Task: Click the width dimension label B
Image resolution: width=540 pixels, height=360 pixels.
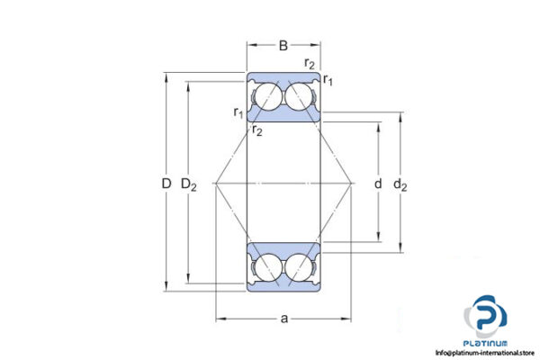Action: tap(283, 44)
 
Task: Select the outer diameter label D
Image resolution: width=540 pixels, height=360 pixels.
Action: tap(166, 184)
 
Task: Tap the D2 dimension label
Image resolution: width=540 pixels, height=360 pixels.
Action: tap(188, 184)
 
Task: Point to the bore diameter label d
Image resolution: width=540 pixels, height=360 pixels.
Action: tap(377, 184)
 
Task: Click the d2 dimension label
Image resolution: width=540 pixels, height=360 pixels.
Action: tap(400, 185)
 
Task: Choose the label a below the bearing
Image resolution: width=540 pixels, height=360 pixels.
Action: tap(283, 319)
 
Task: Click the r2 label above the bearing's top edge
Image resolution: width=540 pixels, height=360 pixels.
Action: tap(310, 63)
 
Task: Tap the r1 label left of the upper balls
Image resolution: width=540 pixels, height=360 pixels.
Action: tap(238, 112)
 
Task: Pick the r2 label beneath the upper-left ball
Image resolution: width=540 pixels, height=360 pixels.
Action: tap(257, 131)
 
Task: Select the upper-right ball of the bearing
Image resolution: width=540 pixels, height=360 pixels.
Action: tap(301, 97)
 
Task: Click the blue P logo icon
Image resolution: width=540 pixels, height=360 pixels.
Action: tap(486, 317)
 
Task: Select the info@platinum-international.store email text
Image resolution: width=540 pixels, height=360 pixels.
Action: tap(486, 352)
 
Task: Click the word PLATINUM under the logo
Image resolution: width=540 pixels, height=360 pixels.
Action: tap(486, 343)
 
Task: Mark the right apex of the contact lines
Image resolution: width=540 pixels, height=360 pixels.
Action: tap(351, 184)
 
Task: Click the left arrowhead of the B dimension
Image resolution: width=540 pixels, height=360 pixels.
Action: tap(251, 44)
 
